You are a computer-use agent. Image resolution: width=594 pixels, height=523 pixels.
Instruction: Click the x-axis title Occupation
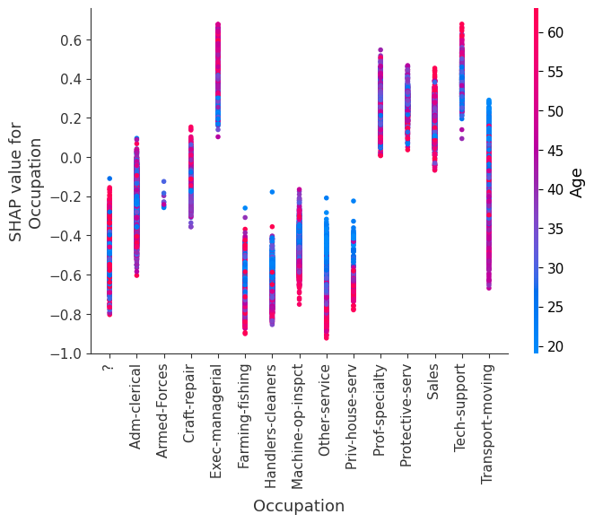tap(298, 506)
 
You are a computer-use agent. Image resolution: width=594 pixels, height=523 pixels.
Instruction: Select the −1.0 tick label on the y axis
tap(70, 353)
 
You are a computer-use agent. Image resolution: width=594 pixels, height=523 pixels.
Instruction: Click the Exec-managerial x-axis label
tap(217, 414)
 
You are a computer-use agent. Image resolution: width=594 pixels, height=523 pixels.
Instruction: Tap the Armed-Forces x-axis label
tap(162, 409)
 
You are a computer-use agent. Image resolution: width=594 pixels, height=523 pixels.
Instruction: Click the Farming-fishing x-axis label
tap(244, 413)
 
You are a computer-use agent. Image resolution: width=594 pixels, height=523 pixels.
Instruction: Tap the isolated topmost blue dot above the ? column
tap(109, 179)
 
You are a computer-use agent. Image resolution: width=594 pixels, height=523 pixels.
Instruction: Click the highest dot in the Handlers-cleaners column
tap(271, 192)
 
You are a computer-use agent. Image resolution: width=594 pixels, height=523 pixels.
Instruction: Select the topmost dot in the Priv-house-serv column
tap(353, 201)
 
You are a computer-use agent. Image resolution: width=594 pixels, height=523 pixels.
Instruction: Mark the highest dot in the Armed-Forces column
tap(163, 181)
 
